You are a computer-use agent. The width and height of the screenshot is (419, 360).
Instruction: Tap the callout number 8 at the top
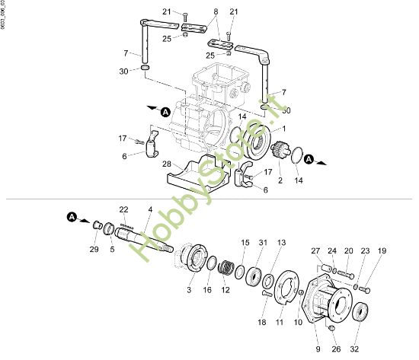point(215,12)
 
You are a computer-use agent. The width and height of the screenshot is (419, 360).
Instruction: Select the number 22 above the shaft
point(123,209)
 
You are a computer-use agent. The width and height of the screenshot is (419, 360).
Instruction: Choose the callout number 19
point(382,250)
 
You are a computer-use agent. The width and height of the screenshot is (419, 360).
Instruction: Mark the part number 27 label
point(316,250)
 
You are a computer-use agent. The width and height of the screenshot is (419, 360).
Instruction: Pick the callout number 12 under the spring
point(225,289)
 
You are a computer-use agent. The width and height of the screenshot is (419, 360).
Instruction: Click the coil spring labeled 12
point(225,269)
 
